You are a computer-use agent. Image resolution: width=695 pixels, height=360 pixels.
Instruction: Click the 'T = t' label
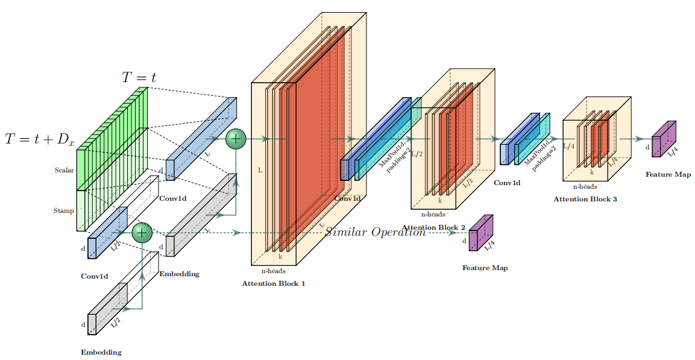tap(139, 77)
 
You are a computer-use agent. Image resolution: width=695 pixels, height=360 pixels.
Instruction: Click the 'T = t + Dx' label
tap(40, 139)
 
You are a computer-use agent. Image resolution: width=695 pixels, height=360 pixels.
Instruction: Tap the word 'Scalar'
tap(64, 170)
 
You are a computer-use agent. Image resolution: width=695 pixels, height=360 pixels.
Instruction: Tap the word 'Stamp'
tap(63, 210)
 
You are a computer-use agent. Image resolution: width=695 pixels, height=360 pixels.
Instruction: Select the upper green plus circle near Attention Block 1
tap(236, 139)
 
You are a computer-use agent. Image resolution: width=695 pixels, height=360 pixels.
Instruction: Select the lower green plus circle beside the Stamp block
tap(142, 232)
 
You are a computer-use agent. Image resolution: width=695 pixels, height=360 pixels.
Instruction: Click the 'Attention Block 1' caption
tap(273, 283)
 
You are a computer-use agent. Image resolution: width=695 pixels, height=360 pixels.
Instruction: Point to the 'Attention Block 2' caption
tap(433, 227)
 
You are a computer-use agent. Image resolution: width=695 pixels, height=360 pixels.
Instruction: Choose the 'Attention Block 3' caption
tap(585, 198)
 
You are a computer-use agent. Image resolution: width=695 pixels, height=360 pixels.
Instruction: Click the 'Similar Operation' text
tap(376, 232)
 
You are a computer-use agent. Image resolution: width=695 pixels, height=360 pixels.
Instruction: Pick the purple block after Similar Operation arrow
tap(481, 233)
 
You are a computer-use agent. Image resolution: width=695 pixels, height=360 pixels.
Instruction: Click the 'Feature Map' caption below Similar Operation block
tap(485, 268)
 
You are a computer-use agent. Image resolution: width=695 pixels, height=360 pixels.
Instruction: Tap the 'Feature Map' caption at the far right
tap(668, 174)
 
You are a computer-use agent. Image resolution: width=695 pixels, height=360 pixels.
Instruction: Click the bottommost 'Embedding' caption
tap(101, 352)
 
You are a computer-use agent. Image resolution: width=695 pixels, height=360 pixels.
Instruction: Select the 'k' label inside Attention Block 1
tap(280, 256)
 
